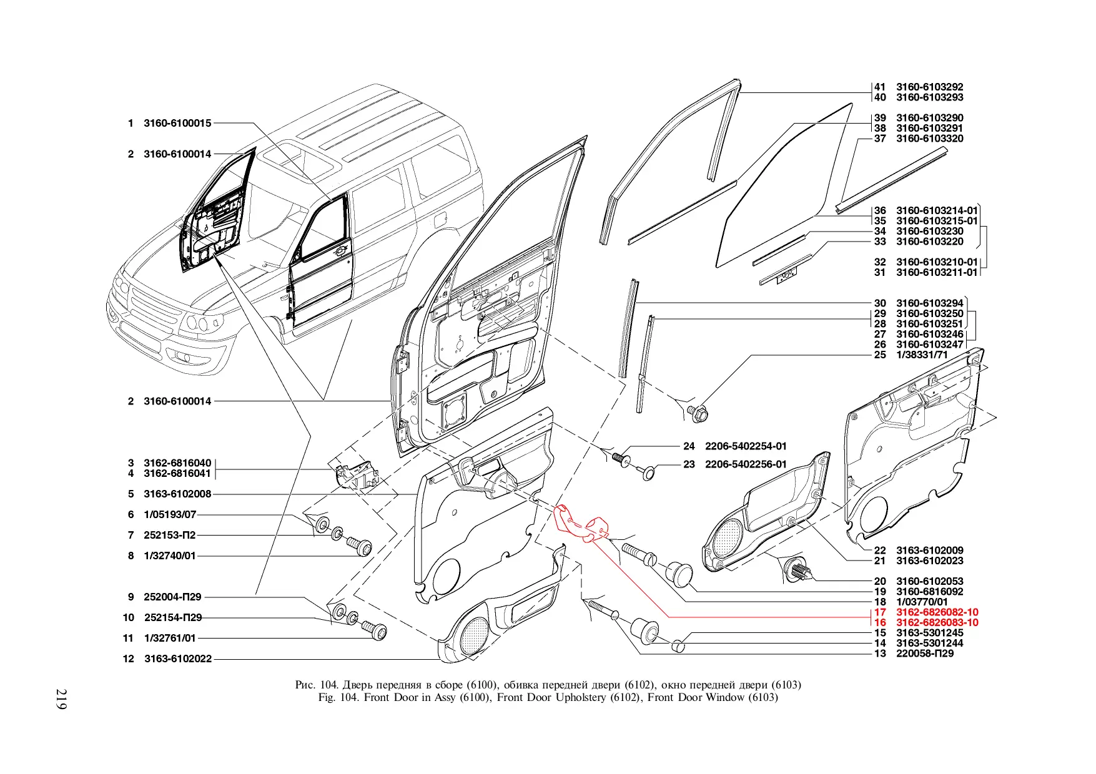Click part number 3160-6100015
point(177,123)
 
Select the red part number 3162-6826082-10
point(937,612)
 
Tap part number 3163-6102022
point(178,659)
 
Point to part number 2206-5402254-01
point(746,446)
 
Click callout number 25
point(879,355)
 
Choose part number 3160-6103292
point(929,87)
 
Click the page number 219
point(61,698)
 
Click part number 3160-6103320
point(929,139)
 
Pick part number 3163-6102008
point(177,494)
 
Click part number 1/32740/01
point(170,556)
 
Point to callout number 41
point(879,87)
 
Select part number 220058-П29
point(925,654)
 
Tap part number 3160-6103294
point(929,303)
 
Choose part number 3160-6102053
point(929,581)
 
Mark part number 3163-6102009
point(929,551)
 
